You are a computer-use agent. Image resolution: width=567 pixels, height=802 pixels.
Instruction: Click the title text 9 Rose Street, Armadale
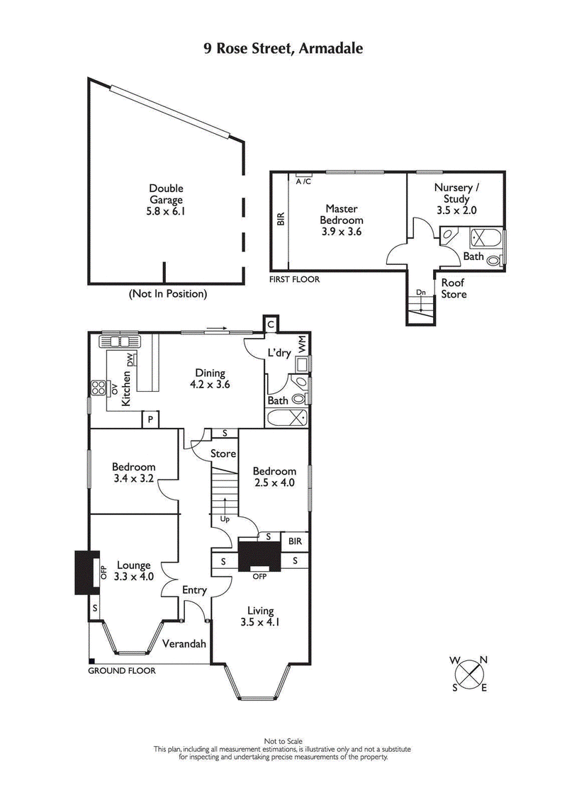click(x=283, y=49)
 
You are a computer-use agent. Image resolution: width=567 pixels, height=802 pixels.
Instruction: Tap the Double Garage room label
click(x=166, y=200)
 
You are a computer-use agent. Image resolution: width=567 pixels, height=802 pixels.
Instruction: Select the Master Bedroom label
click(x=342, y=220)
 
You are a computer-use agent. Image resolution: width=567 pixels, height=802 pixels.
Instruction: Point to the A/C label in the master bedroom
click(x=303, y=182)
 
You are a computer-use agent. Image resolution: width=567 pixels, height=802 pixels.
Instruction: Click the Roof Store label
click(x=454, y=288)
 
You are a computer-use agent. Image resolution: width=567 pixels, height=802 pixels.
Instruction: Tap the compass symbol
click(x=469, y=674)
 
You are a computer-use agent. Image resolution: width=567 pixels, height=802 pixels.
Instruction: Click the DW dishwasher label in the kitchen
click(x=130, y=360)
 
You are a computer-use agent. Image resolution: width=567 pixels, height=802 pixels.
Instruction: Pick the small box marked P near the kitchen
click(x=150, y=420)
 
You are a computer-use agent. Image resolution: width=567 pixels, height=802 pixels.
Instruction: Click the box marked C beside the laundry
click(x=270, y=324)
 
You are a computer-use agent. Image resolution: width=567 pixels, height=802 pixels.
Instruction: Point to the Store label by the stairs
click(x=224, y=453)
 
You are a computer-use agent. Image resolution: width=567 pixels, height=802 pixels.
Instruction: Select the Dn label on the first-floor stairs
click(x=420, y=291)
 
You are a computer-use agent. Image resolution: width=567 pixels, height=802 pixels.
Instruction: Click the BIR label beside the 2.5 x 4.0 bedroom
click(x=294, y=541)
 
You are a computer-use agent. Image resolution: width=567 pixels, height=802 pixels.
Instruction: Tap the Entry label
click(x=195, y=590)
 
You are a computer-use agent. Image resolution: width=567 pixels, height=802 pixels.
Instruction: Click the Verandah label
click(x=184, y=644)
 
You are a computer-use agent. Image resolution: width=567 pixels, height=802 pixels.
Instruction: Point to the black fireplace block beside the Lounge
click(x=83, y=573)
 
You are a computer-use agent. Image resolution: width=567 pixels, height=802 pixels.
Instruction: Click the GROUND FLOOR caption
click(x=121, y=670)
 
